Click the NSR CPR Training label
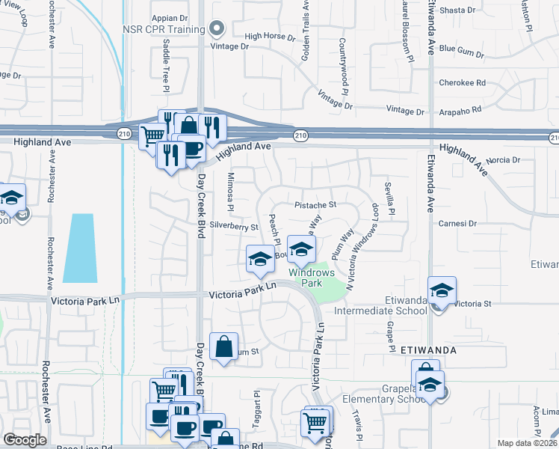coord(164,30)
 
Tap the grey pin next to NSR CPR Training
coord(217,30)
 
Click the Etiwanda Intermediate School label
coord(381,310)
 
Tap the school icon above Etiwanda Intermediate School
coord(442,290)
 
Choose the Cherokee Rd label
coord(462,82)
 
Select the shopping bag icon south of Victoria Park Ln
coord(224,346)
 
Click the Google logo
coord(25,440)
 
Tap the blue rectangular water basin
coord(79,248)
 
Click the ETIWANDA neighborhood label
coord(427,349)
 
